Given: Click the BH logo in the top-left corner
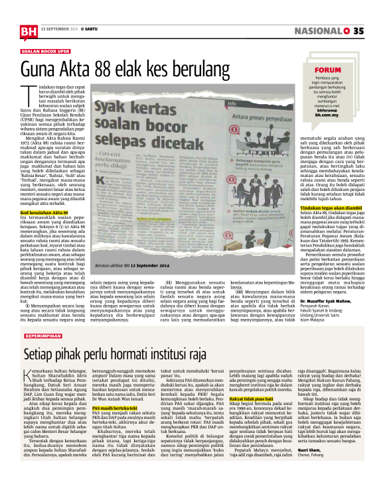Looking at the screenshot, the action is coord(27,29).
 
